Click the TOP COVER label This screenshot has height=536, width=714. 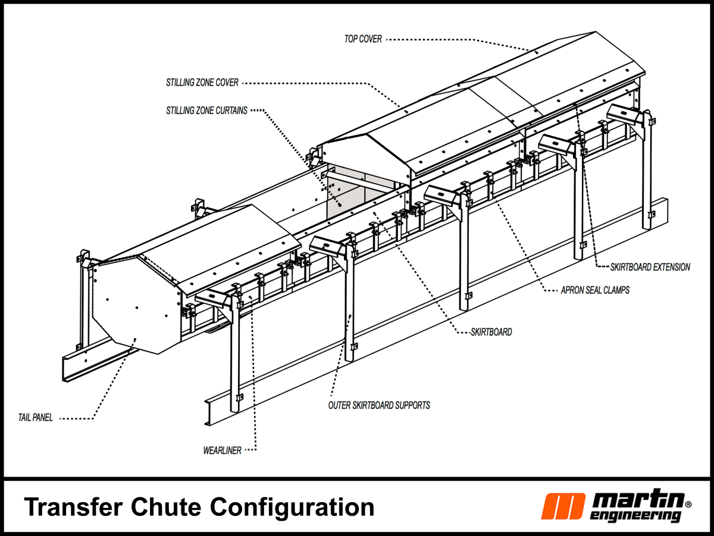(x=363, y=39)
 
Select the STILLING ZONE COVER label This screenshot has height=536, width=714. (x=202, y=83)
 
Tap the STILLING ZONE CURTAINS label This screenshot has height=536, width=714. (x=207, y=111)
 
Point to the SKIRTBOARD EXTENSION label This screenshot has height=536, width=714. (x=650, y=267)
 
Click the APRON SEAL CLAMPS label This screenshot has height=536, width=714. (x=595, y=291)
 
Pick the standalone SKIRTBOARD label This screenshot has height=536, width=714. (x=491, y=332)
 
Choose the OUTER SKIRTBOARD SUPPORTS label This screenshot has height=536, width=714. (x=379, y=405)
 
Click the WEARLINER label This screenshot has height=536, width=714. (x=222, y=450)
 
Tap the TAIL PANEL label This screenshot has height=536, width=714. (x=35, y=418)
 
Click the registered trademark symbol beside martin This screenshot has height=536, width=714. (x=688, y=504)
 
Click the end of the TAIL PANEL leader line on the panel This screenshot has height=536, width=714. (x=136, y=339)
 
